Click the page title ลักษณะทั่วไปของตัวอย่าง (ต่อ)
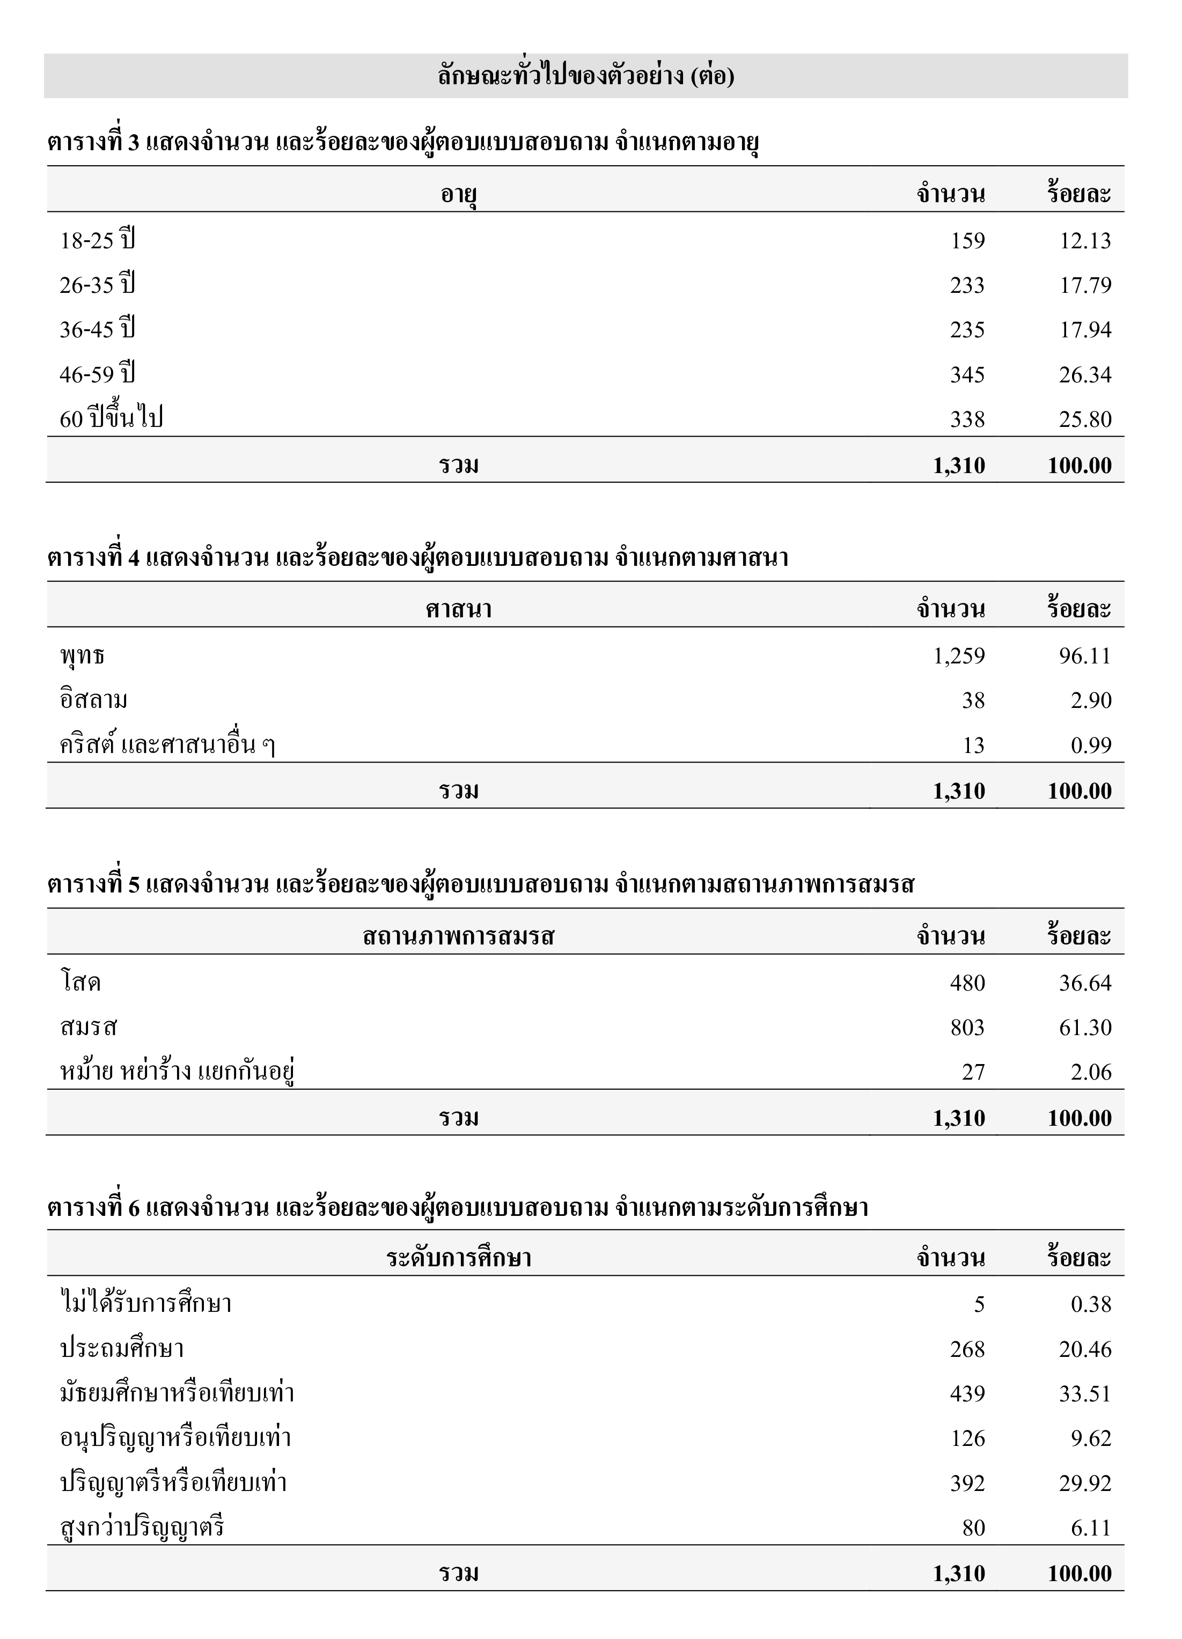point(585,76)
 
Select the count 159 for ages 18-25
point(967,241)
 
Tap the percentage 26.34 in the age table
point(1085,374)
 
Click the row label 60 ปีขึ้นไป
point(111,418)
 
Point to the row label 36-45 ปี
point(98,329)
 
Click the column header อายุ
point(459,194)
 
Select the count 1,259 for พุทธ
point(959,655)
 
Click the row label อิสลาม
point(94,700)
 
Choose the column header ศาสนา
point(459,610)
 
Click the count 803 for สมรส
point(967,1027)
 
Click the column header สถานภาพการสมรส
point(459,936)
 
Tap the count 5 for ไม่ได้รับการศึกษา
point(979,1304)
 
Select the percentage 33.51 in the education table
point(1085,1393)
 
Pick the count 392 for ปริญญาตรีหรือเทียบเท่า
point(967,1483)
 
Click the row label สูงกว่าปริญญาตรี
point(142,1527)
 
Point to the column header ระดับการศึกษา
point(459,1258)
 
